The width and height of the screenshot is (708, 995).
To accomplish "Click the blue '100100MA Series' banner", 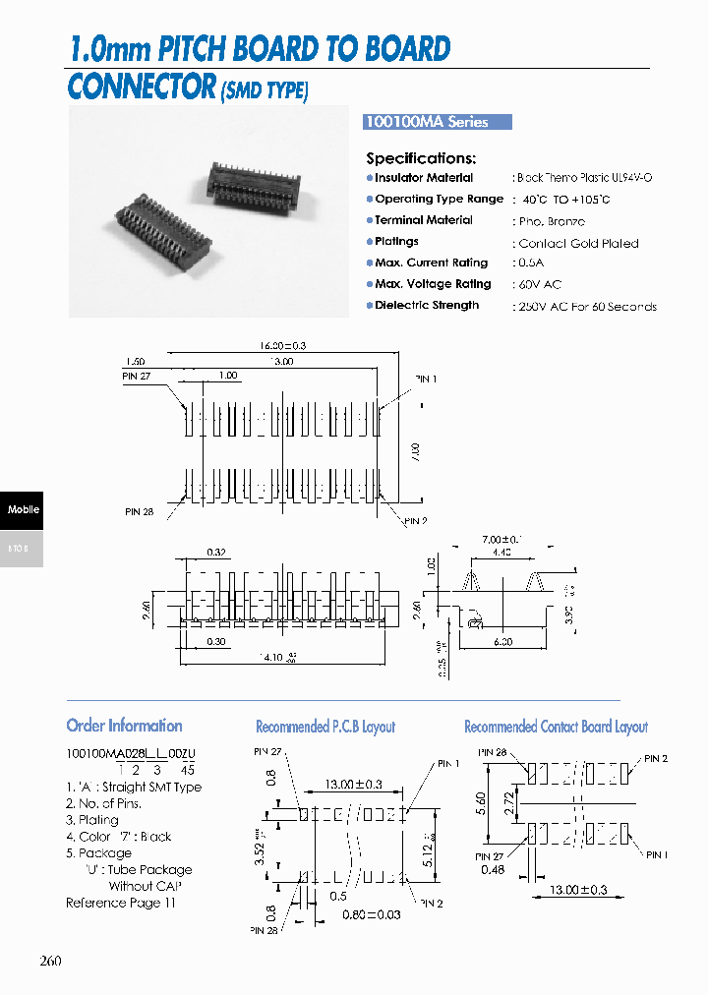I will click(x=439, y=122).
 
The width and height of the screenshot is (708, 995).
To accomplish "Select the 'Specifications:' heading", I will click(x=421, y=158).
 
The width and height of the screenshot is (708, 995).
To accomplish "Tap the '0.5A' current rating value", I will click(x=530, y=263).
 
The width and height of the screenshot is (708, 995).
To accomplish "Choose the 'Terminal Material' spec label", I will click(x=424, y=220).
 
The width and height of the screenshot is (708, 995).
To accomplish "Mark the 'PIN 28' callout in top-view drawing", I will click(x=139, y=512).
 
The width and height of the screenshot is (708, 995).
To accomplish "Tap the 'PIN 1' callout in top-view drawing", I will click(x=425, y=380).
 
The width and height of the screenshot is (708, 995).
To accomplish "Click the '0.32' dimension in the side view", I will click(x=218, y=552).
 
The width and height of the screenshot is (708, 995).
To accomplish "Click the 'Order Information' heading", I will click(x=124, y=726).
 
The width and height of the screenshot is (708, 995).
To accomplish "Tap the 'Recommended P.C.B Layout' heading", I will click(x=325, y=727).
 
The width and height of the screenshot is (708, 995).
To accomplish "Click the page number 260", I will click(x=51, y=961).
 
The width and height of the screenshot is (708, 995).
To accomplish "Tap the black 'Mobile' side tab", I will click(x=23, y=509).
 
